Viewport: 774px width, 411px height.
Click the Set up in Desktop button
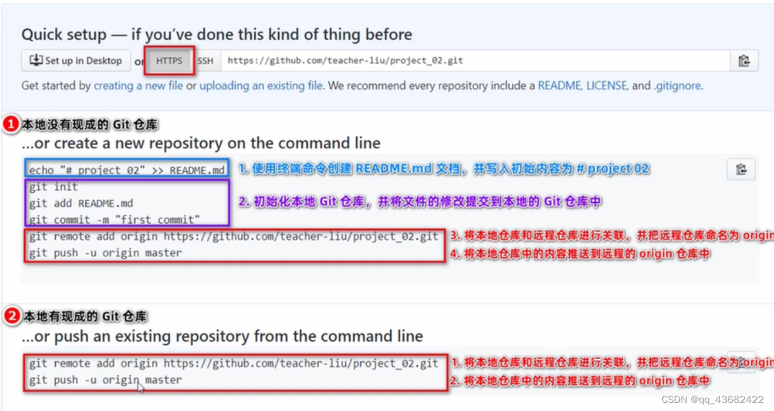[x=75, y=60]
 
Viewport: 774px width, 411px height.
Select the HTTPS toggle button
[x=169, y=60]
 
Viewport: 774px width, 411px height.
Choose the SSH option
[x=205, y=60]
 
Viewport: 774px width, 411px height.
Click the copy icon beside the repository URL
[x=744, y=60]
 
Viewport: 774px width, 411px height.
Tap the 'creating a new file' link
[x=138, y=86]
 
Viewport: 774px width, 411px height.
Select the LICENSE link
[x=607, y=86]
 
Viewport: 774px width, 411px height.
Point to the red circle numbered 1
[x=12, y=125]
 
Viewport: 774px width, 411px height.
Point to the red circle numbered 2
[x=12, y=316]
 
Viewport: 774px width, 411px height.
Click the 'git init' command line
[x=53, y=187]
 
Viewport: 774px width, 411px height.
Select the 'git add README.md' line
[x=81, y=203]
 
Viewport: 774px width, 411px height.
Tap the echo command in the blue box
[x=127, y=170]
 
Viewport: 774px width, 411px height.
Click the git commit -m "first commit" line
[x=114, y=219]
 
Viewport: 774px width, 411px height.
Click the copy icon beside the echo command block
[x=741, y=169]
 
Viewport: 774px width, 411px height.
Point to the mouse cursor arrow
[x=140, y=387]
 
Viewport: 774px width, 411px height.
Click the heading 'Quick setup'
[x=64, y=35]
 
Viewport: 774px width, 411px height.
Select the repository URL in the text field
[x=345, y=60]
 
